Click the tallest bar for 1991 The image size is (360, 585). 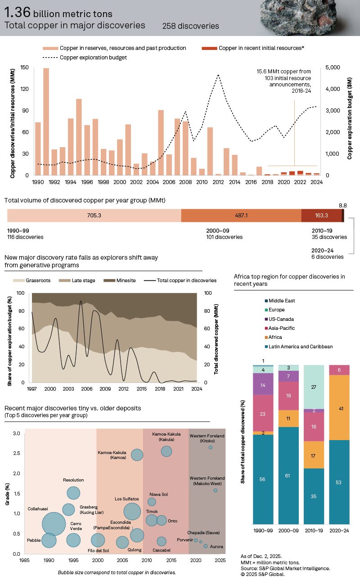click(46, 121)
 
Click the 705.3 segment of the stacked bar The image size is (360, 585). click(94, 216)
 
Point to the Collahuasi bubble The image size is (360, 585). click(54, 524)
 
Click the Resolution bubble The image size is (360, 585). click(73, 493)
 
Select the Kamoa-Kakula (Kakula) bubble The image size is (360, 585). click(166, 451)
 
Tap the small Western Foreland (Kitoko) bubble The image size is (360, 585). click(210, 447)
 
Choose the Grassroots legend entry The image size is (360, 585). click(28, 280)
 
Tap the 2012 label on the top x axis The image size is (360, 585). click(218, 182)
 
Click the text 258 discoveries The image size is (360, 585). click(190, 26)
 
